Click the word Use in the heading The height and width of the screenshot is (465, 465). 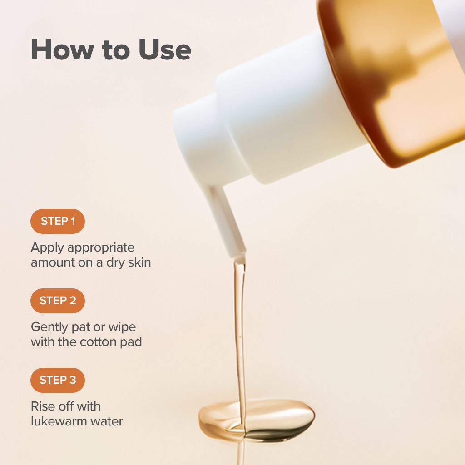165,49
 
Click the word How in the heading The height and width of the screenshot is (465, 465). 62,49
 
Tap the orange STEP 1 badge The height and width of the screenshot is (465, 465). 58,221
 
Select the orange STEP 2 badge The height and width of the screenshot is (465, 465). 58,301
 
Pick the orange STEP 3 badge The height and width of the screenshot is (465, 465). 58,380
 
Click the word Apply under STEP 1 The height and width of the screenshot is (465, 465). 47,248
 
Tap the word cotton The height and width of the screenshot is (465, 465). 98,342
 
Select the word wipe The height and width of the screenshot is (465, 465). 122,327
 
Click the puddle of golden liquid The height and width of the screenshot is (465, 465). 257,420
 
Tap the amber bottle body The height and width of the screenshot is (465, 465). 395,80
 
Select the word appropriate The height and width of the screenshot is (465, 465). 101,248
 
